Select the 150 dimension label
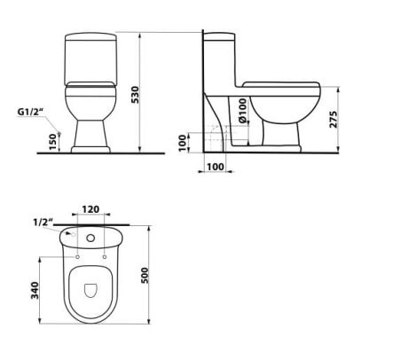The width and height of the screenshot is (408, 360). (53, 140)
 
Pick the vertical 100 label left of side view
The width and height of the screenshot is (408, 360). (183, 142)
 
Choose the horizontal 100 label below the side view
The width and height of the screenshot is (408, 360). (214, 166)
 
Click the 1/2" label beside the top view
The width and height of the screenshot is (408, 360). (38, 222)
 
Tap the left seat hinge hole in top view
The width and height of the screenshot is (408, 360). (78, 257)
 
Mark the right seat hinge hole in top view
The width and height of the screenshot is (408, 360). (105, 257)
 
